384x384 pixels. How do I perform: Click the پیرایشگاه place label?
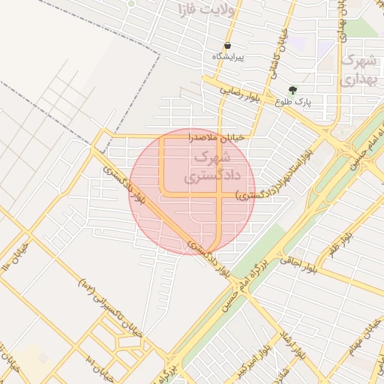(228, 57)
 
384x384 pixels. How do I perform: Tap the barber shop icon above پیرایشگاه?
(227, 45)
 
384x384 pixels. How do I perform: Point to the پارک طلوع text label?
(292, 101)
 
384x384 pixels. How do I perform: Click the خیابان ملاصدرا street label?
(216, 138)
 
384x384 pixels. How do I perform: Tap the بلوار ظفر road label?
(339, 244)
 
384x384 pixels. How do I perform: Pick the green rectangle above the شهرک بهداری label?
(359, 28)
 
